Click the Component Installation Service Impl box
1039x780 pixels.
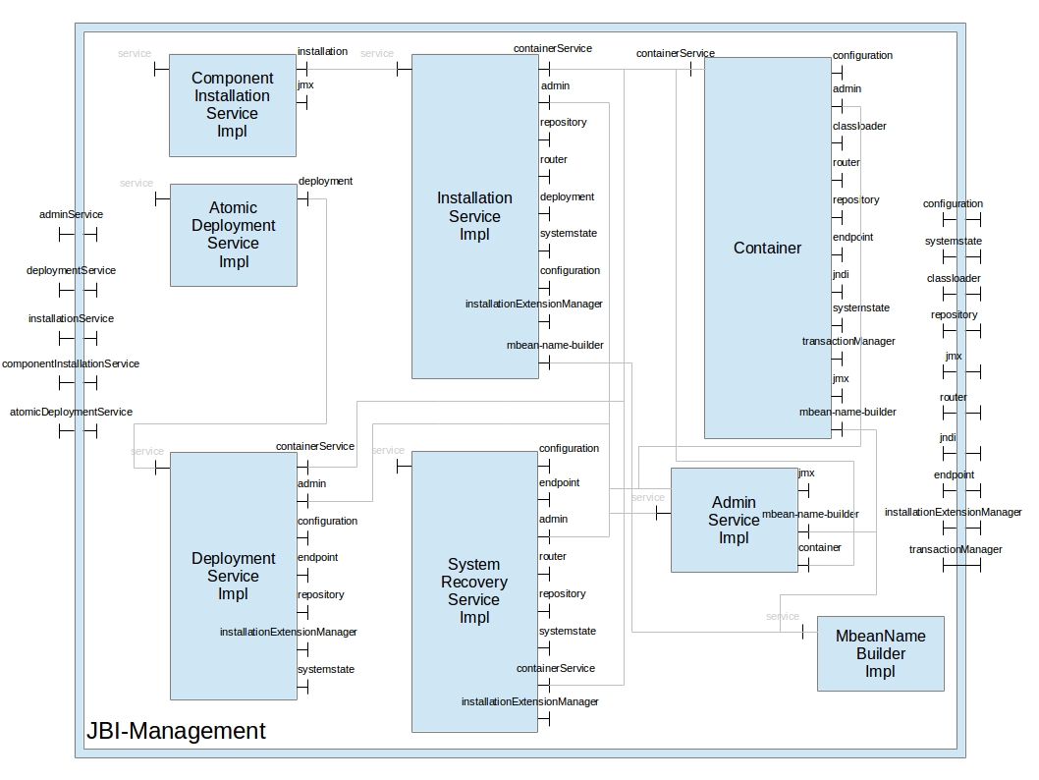tap(232, 104)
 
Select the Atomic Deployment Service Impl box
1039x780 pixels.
tap(233, 235)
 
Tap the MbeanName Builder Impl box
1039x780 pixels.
tap(880, 653)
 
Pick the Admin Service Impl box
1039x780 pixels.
tap(734, 520)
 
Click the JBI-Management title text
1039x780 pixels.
tap(176, 731)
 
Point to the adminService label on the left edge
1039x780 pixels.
tap(71, 214)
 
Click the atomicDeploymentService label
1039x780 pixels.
tap(71, 412)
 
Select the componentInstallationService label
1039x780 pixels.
tap(71, 363)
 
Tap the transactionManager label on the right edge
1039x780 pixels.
tap(956, 549)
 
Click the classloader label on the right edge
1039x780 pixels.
tap(954, 278)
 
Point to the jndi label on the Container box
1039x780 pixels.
tap(841, 274)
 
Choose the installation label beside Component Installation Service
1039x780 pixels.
tap(322, 51)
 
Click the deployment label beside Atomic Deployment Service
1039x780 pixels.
tap(325, 181)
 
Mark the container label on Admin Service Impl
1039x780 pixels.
tap(819, 547)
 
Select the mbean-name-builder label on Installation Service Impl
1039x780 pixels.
tap(555, 345)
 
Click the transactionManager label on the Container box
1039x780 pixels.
tap(848, 341)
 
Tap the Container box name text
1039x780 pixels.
tap(767, 248)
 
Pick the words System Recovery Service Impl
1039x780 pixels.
tap(473, 590)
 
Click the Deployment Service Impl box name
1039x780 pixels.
tap(233, 576)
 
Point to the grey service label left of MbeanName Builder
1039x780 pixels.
tap(782, 616)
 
